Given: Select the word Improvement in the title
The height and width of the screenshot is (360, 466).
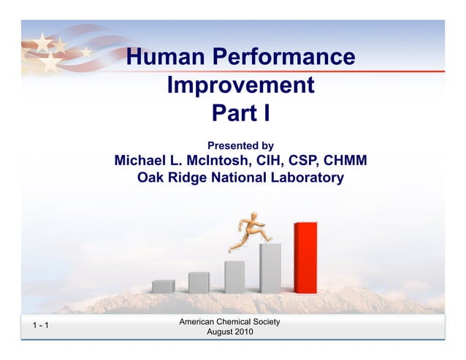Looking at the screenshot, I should pyautogui.click(x=240, y=85).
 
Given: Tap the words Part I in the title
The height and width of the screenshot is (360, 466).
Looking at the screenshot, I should pyautogui.click(x=240, y=114).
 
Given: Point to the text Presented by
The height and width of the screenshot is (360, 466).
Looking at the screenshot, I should pyautogui.click(x=240, y=146).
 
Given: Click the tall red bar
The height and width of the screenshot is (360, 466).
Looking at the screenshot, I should pyautogui.click(x=305, y=258).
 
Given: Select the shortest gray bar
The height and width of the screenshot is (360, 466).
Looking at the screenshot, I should pyautogui.click(x=163, y=286).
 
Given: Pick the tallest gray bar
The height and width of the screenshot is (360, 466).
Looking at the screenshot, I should pyautogui.click(x=270, y=268).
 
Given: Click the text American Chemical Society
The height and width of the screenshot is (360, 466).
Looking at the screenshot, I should pyautogui.click(x=229, y=322).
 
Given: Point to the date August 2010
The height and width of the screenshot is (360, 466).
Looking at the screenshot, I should pyautogui.click(x=229, y=332).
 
